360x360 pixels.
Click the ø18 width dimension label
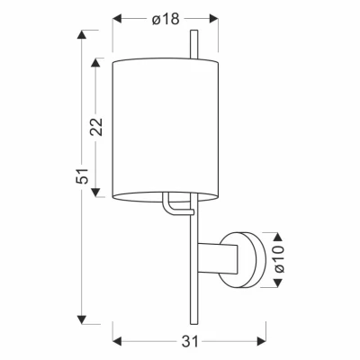point(166,20)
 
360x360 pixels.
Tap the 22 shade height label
point(97,127)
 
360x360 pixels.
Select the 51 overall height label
point(83,175)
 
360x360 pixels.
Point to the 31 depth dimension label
point(190,341)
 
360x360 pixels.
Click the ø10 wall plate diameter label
point(279,259)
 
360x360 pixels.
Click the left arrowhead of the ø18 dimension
point(117,19)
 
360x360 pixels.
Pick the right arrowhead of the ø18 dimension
point(214,19)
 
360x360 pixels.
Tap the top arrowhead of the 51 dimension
point(82,34)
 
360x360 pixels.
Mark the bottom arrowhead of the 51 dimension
point(82,319)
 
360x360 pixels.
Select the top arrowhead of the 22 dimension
point(95,62)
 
